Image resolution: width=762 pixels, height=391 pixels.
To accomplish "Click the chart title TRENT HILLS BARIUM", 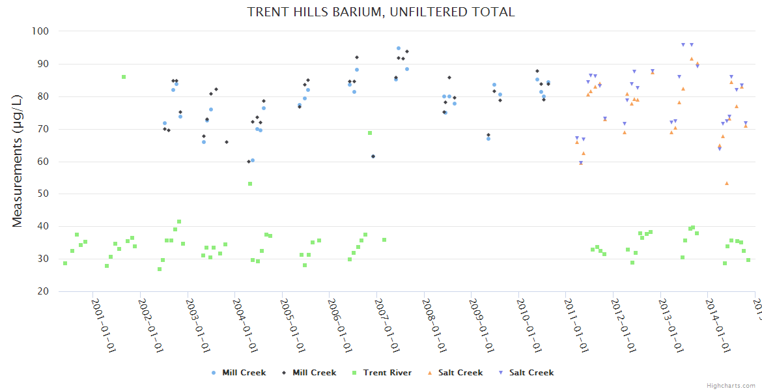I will (381, 12).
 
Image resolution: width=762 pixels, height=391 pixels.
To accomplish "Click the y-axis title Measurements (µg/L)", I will (18, 161).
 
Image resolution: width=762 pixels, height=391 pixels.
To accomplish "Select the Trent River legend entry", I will (387, 373).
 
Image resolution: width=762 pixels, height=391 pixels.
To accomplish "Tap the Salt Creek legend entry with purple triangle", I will (531, 373).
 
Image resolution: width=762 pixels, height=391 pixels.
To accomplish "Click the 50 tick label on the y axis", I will (43, 194).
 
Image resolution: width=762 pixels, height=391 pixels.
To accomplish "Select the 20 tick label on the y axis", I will (43, 291).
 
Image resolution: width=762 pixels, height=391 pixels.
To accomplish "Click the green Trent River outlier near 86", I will (124, 77).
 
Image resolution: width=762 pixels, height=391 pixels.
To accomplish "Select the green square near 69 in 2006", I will (370, 133).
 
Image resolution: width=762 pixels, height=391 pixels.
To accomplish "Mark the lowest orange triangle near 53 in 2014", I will (727, 183).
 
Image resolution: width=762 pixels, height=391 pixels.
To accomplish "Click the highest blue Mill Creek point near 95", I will (399, 48).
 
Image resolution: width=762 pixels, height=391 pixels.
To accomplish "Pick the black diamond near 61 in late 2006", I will (373, 156).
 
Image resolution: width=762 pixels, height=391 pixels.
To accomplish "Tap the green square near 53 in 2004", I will (250, 184).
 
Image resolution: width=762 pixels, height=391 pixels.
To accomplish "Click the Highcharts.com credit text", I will (731, 385).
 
